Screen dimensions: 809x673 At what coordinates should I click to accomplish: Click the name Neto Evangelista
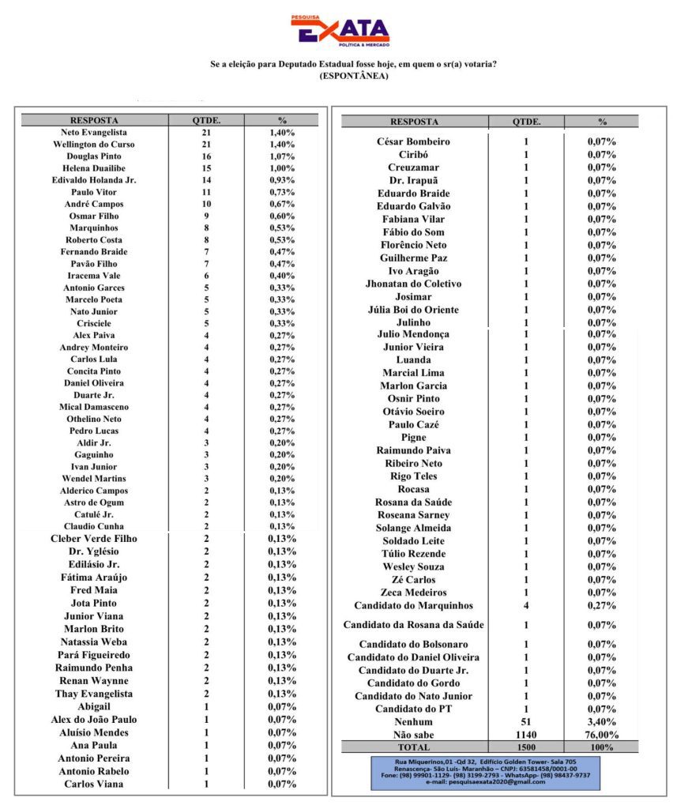point(94,133)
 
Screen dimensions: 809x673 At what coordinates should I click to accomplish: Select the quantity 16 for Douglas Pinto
point(206,156)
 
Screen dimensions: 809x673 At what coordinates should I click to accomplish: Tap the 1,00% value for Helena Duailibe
point(282,168)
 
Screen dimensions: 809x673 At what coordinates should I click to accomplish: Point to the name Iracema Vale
point(94,276)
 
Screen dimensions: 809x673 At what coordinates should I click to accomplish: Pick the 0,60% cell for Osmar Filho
point(282,216)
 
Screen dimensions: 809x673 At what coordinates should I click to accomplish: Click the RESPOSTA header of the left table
point(94,120)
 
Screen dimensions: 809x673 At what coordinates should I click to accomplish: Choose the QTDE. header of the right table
point(526,122)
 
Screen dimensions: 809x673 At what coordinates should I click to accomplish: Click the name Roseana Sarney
point(414,515)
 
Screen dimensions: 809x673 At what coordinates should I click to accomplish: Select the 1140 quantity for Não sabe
point(526,735)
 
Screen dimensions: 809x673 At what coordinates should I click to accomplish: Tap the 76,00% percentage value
point(602,735)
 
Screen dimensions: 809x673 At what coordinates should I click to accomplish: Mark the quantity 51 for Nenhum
point(526,722)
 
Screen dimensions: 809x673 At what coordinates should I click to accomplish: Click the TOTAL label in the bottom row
point(414,747)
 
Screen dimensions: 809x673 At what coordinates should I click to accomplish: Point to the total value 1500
point(526,747)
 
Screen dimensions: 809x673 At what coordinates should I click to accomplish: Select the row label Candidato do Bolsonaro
point(414,645)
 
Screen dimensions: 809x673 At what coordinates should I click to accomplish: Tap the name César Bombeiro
point(414,141)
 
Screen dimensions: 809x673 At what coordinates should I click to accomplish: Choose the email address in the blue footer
point(486,782)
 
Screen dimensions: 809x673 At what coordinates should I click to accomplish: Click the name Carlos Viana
point(94,784)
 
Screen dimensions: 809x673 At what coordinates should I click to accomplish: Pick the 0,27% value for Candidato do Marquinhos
point(602,606)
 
